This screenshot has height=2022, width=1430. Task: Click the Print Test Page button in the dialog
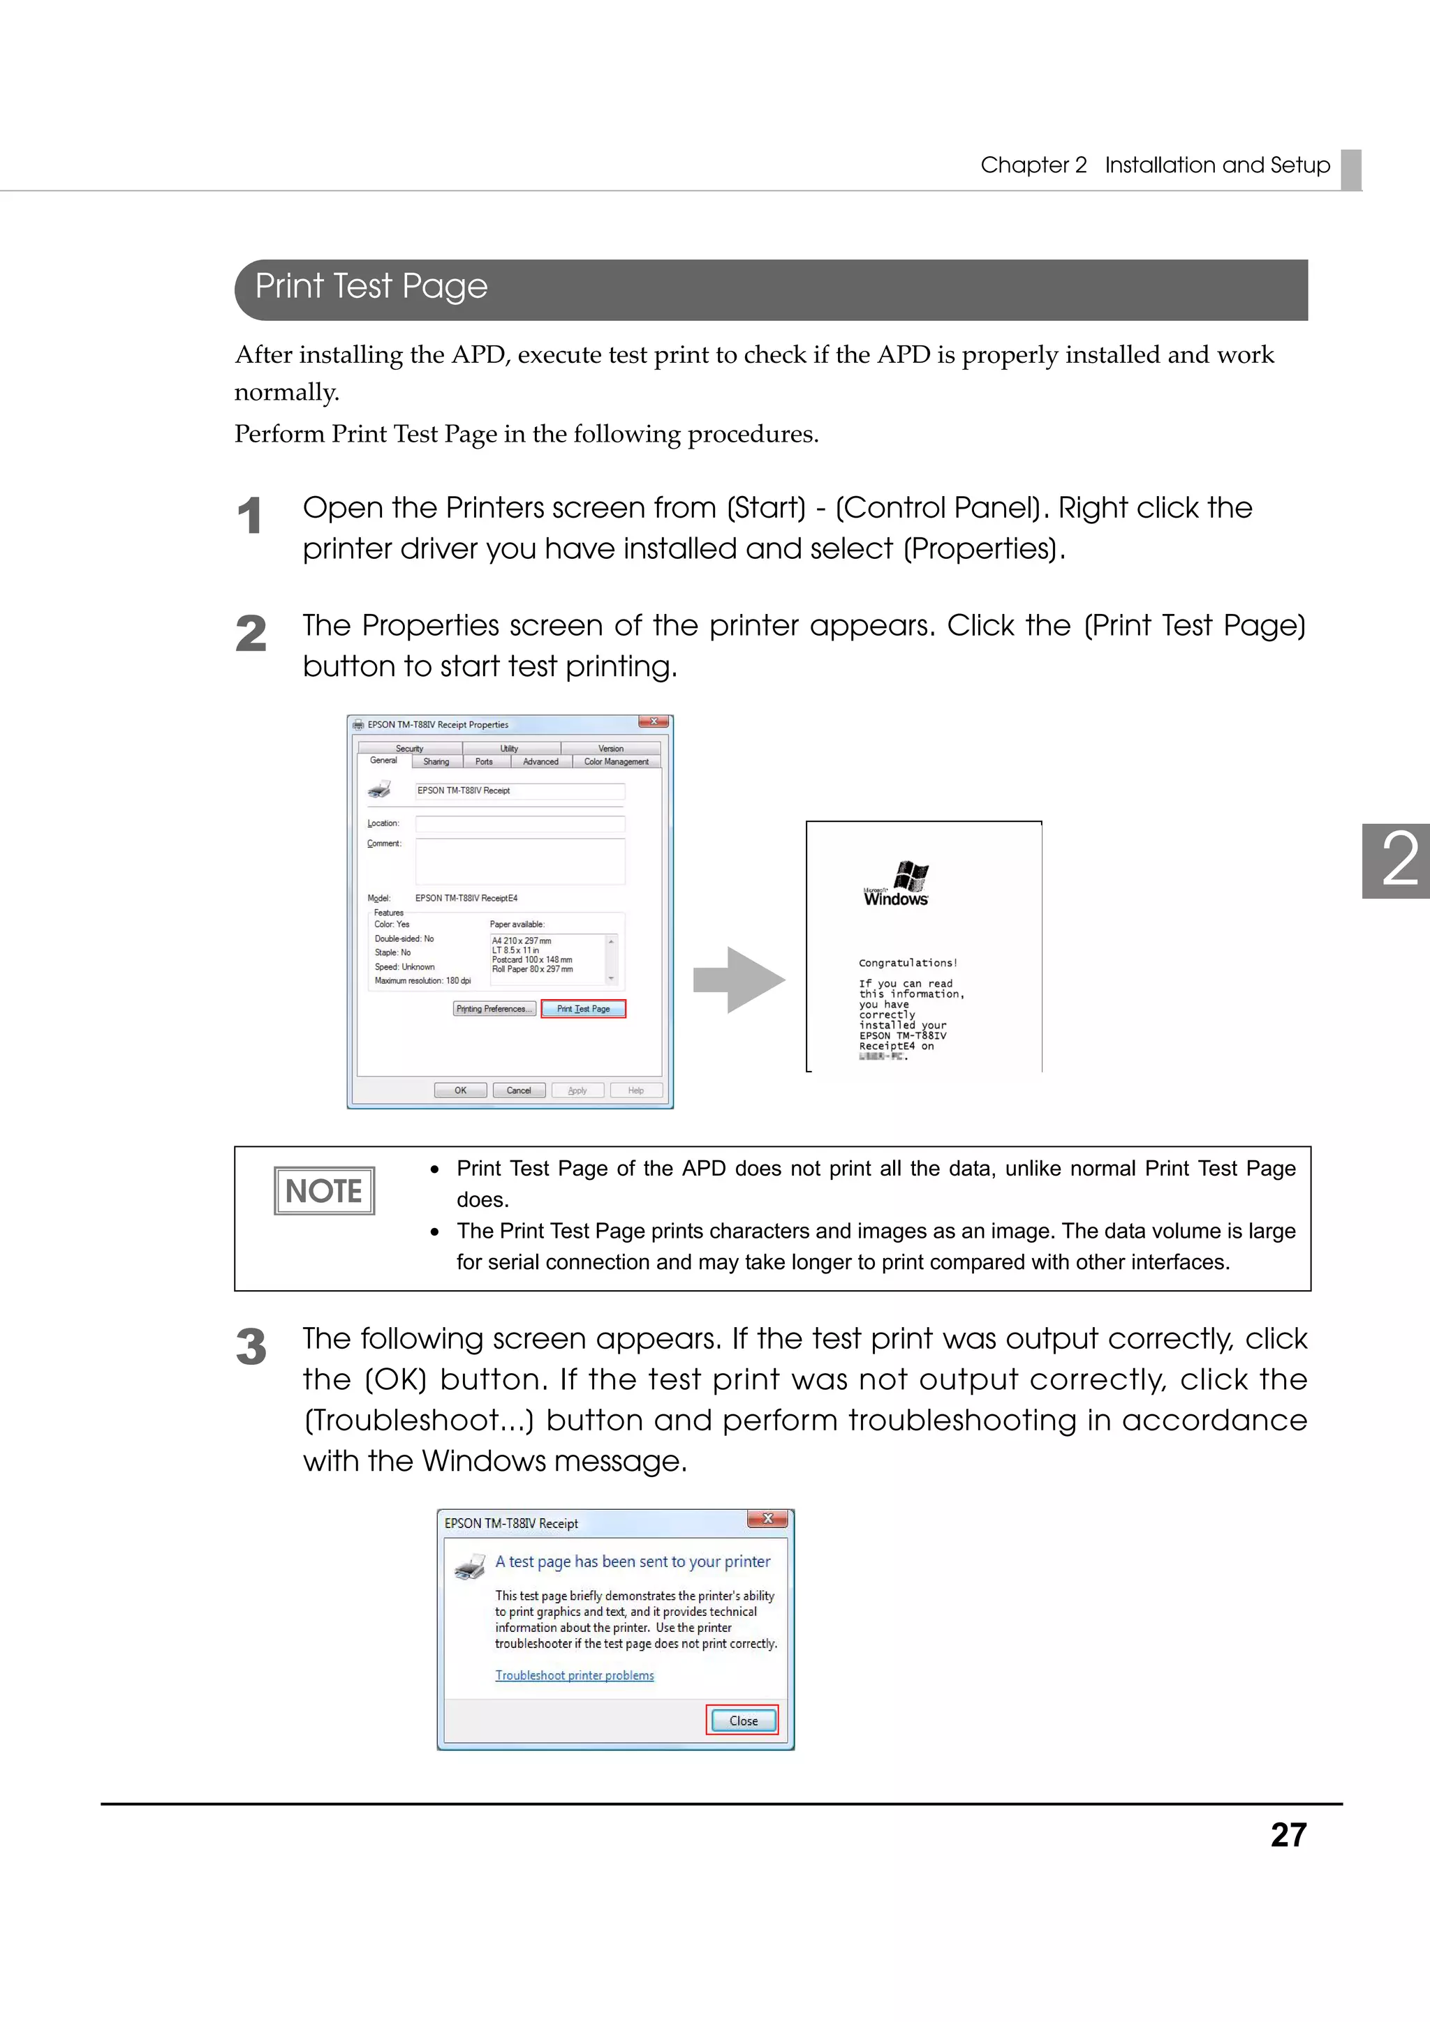pos(582,1008)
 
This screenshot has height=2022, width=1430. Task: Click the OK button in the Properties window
pos(460,1091)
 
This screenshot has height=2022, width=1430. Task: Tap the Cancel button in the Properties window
pos(518,1091)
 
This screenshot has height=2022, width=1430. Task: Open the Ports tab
pos(484,762)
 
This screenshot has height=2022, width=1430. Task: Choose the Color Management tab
pos(616,762)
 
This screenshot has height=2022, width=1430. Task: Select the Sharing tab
pos(436,762)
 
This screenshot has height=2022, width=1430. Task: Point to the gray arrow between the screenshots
pos(738,980)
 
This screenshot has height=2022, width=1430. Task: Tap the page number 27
pos(1288,1834)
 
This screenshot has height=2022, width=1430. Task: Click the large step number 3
pos(251,1347)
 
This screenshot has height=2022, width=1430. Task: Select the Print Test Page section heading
pos(371,287)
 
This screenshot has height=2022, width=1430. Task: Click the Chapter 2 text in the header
pos(1033,165)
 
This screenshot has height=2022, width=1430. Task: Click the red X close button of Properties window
pos(654,722)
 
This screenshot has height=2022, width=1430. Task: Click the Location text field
pos(519,823)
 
